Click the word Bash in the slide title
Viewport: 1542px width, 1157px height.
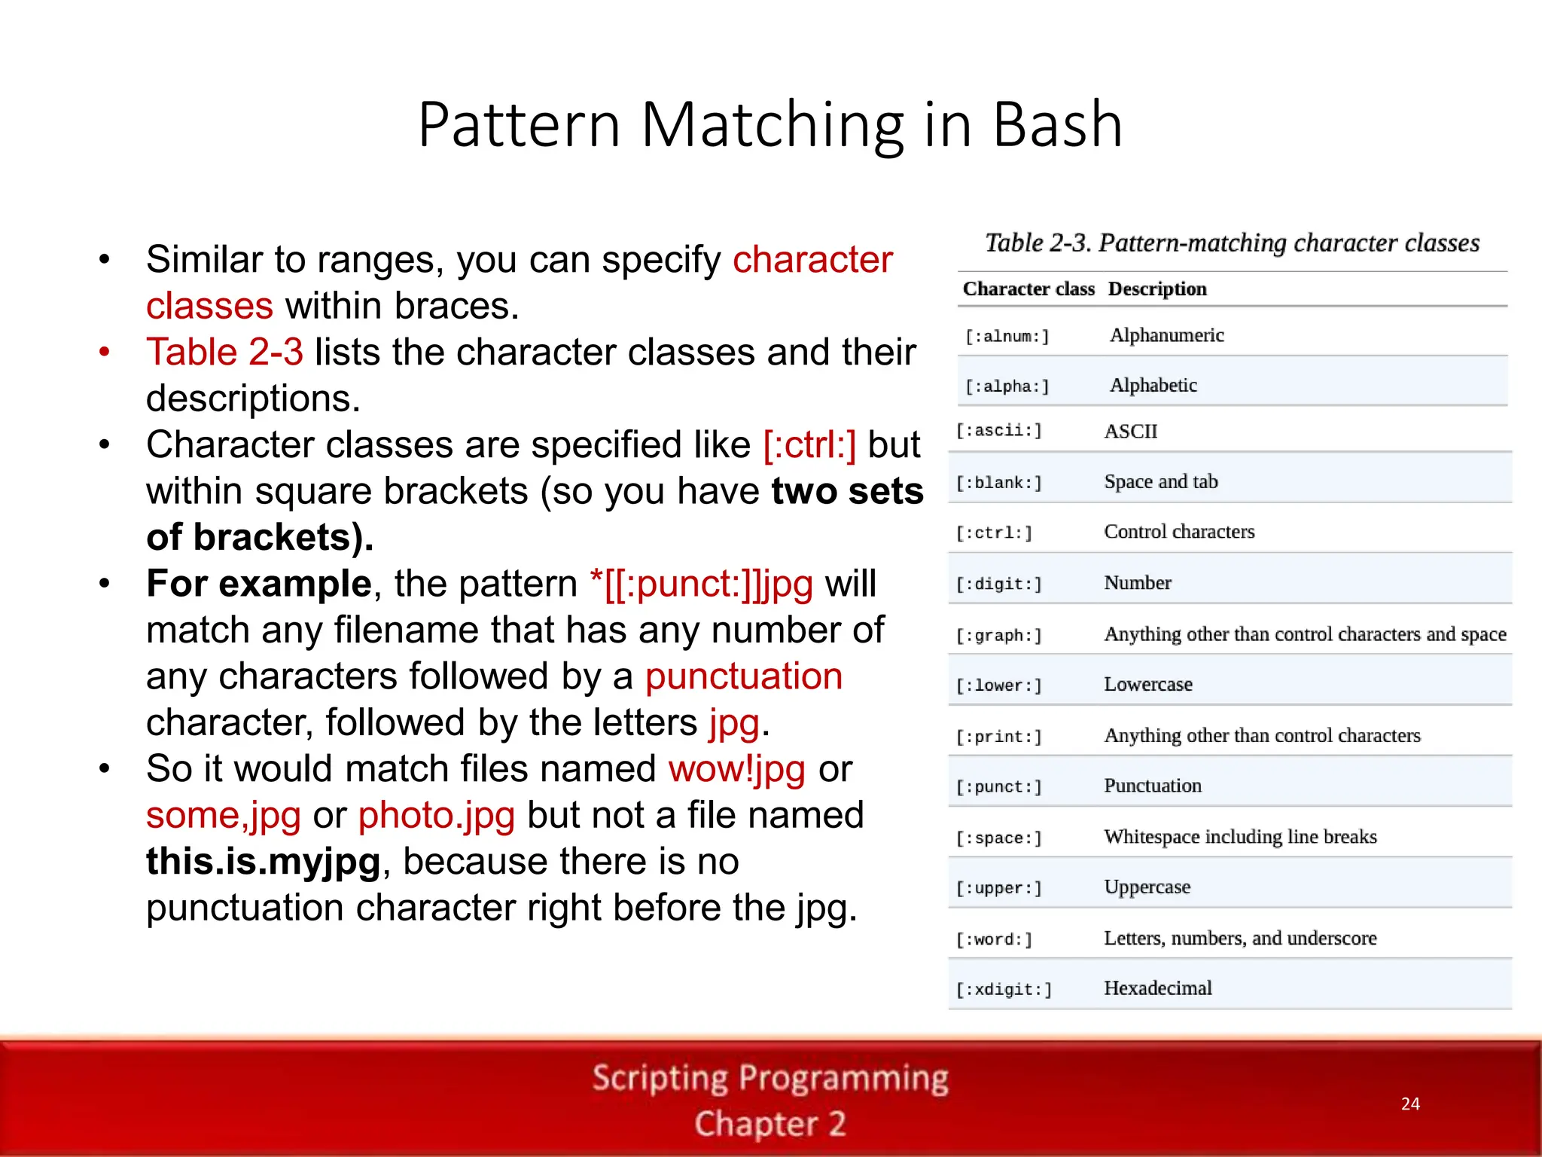[x=1057, y=124]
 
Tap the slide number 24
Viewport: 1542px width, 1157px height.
[x=1410, y=1104]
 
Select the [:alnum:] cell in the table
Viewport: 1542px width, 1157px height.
[x=1007, y=336]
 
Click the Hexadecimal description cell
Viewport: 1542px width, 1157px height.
[x=1158, y=988]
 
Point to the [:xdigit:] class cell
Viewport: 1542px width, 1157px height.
[x=1004, y=990]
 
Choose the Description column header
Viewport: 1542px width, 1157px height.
[x=1157, y=289]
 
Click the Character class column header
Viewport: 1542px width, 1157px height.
[x=1029, y=289]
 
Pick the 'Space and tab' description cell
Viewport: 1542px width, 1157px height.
[x=1160, y=482]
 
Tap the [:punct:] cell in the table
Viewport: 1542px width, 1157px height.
[x=999, y=787]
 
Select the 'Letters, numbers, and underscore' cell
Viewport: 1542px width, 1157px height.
[x=1240, y=939]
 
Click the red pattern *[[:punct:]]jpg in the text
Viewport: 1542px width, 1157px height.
[x=702, y=585]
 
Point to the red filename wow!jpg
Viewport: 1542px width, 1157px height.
[x=736, y=770]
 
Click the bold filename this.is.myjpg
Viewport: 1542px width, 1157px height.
[x=264, y=862]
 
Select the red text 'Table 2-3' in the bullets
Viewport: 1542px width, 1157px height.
[x=224, y=353]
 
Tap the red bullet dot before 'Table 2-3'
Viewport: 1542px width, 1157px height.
[x=105, y=352]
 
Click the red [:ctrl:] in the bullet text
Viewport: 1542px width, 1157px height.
[x=809, y=445]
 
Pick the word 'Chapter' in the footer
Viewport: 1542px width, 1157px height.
[x=756, y=1124]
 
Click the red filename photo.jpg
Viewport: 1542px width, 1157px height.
[x=437, y=816]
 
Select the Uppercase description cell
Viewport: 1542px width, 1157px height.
[x=1147, y=887]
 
